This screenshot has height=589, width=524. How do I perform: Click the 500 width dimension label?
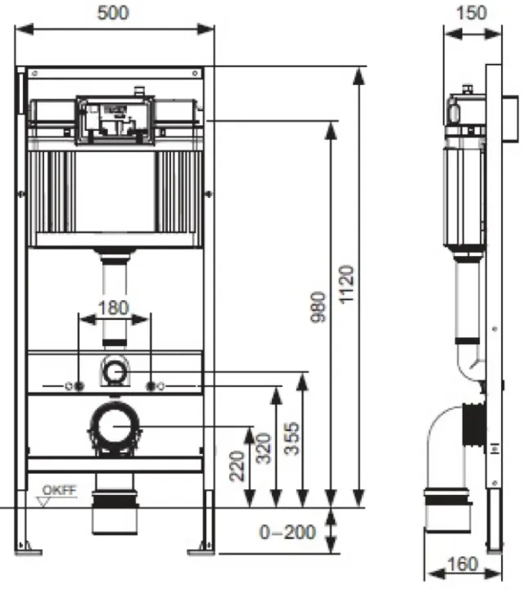[x=113, y=13]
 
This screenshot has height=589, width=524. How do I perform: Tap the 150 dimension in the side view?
[x=472, y=13]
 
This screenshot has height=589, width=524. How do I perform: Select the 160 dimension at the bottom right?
[x=463, y=564]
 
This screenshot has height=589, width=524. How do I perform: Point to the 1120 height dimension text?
[x=346, y=284]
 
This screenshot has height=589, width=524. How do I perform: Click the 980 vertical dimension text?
[x=318, y=307]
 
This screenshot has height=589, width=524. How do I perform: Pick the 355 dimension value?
[x=291, y=438]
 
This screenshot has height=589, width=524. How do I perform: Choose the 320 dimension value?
[x=264, y=448]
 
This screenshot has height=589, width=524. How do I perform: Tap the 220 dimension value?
[x=237, y=465]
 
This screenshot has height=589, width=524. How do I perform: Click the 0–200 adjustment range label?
[x=287, y=533]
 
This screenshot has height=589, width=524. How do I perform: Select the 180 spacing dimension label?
[x=114, y=308]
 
